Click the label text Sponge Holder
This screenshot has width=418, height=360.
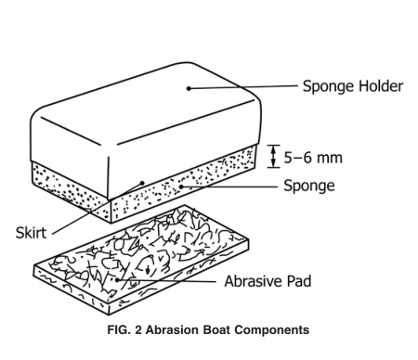tap(352, 87)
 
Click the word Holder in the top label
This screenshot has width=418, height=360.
tap(378, 87)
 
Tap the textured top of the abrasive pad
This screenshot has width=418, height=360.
tap(139, 251)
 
